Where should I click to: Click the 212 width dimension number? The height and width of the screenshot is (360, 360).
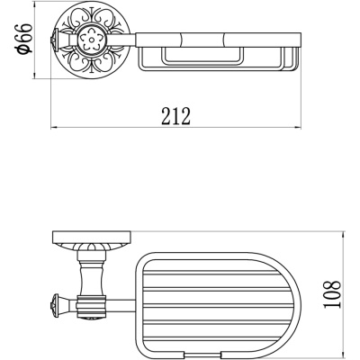[176, 116]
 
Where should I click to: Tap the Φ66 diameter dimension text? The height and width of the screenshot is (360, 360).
[25, 39]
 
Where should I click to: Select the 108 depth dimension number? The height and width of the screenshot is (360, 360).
[332, 294]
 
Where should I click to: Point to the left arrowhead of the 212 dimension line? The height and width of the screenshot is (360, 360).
[54, 128]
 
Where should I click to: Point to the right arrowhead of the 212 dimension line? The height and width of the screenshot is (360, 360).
[297, 128]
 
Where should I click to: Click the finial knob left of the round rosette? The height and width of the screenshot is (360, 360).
[54, 40]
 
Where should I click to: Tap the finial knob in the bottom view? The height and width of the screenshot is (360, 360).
[55, 303]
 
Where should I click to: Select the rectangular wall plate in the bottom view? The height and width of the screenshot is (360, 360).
[92, 238]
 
